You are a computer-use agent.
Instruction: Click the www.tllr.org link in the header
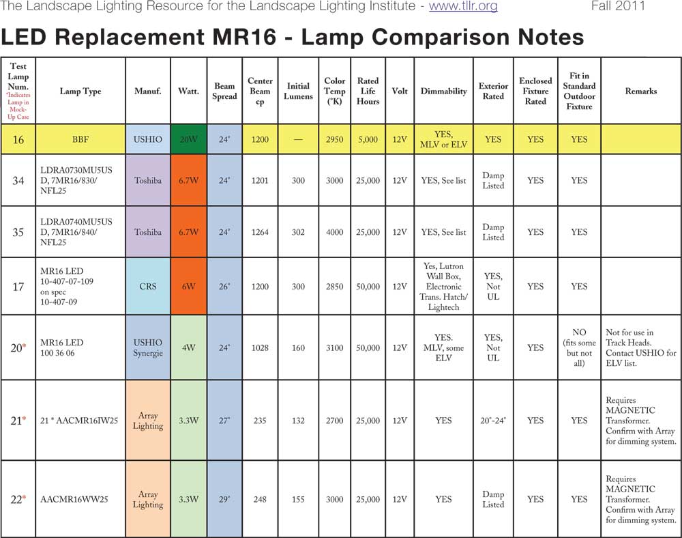(463, 7)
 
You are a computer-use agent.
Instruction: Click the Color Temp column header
(335, 91)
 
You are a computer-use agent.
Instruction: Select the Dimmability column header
(443, 91)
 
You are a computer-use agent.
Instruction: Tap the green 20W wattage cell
(188, 139)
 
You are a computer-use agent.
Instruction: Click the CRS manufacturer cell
(148, 287)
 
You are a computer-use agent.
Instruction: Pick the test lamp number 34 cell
(18, 181)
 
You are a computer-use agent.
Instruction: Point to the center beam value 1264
(260, 232)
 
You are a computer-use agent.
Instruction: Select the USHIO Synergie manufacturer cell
(148, 348)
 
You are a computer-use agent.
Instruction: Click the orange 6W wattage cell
(188, 287)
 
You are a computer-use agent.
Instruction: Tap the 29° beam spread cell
(224, 499)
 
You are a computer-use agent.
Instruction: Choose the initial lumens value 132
(298, 421)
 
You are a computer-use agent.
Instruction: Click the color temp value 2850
(335, 287)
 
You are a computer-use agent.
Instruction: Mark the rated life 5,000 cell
(368, 139)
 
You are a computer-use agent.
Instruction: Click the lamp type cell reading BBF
(80, 139)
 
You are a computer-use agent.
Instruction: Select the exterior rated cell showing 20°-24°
(493, 421)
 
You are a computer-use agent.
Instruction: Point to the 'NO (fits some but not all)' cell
(579, 348)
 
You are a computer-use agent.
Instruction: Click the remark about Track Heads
(640, 348)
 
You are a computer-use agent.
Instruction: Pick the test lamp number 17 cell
(18, 287)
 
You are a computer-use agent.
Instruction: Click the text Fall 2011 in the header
(617, 7)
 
